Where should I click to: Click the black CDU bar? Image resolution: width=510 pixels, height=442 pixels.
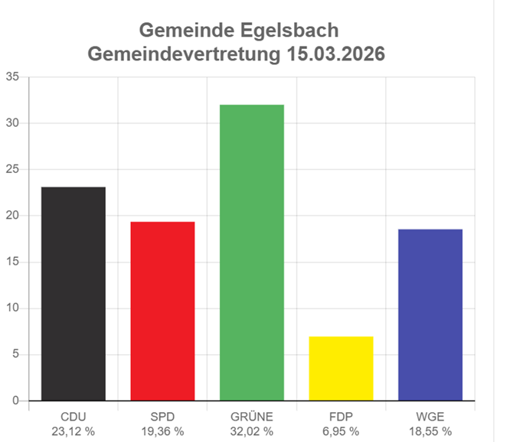point(74,294)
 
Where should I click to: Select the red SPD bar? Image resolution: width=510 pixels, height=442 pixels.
point(162,310)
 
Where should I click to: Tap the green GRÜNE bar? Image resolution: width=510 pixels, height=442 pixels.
point(252,252)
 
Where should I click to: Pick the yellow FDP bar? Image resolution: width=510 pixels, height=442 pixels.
point(341,368)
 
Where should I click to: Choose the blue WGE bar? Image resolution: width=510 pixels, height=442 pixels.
point(430,314)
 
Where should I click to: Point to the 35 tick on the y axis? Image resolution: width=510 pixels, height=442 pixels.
point(12,76)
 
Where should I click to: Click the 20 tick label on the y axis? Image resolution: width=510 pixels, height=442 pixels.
point(12,216)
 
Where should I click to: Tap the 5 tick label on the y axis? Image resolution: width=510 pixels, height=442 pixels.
point(15,355)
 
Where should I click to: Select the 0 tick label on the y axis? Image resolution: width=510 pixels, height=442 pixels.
point(15,401)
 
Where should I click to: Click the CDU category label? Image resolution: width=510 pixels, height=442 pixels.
point(74,417)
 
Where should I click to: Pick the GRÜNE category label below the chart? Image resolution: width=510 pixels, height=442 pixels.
point(252,417)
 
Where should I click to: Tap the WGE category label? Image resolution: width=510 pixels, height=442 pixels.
point(430,417)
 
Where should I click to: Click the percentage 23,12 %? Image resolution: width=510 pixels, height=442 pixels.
point(74,431)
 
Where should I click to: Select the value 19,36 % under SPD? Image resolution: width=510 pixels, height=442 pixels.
point(162,431)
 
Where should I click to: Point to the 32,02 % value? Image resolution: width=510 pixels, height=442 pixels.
point(252,431)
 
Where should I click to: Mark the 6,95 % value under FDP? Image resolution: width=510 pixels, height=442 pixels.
point(341,431)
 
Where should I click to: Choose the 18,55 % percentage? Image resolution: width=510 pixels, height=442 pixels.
point(430,431)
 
